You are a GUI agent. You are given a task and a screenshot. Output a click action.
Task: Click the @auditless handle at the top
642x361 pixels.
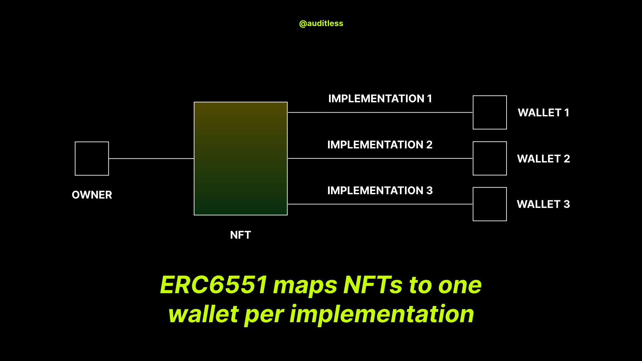pyautogui.click(x=321, y=23)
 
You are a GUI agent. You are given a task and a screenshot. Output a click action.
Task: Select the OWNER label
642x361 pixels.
pyautogui.click(x=92, y=195)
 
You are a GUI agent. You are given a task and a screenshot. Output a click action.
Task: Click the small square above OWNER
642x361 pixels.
pyautogui.click(x=92, y=158)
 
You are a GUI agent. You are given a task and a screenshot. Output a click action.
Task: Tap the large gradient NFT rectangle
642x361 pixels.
pyautogui.click(x=241, y=158)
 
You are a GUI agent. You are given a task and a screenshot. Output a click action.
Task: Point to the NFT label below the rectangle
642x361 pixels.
pyautogui.click(x=240, y=235)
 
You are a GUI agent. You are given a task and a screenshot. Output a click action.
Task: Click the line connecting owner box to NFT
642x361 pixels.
pyautogui.click(x=151, y=158)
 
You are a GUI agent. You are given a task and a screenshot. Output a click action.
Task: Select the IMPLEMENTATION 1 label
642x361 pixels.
pyautogui.click(x=380, y=99)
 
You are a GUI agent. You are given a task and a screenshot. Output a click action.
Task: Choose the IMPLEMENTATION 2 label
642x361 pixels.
pyautogui.click(x=380, y=145)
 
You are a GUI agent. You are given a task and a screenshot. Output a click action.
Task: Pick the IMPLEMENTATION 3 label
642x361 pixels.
pyautogui.click(x=380, y=191)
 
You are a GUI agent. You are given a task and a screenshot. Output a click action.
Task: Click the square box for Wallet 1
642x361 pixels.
pyautogui.click(x=490, y=112)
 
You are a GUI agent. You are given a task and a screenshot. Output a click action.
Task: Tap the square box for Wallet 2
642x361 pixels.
pyautogui.click(x=490, y=158)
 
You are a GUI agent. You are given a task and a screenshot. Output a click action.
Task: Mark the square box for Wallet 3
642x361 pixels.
pyautogui.click(x=490, y=204)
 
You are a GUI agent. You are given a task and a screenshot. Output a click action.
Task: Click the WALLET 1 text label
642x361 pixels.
pyautogui.click(x=543, y=113)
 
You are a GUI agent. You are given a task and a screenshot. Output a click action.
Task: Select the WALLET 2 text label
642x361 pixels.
pyautogui.click(x=543, y=159)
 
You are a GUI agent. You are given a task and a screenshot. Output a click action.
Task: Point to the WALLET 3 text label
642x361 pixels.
pyautogui.click(x=543, y=204)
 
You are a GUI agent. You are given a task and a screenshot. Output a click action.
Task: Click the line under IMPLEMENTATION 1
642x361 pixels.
pyautogui.click(x=380, y=113)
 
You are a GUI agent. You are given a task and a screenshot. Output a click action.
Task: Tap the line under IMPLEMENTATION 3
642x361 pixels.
pyautogui.click(x=380, y=204)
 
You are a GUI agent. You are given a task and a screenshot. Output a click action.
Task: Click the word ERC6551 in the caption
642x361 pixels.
pyautogui.click(x=214, y=285)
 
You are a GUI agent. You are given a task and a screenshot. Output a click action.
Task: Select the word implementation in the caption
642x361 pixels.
pyautogui.click(x=382, y=314)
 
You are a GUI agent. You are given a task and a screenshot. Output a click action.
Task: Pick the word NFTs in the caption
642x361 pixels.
pyautogui.click(x=373, y=285)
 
